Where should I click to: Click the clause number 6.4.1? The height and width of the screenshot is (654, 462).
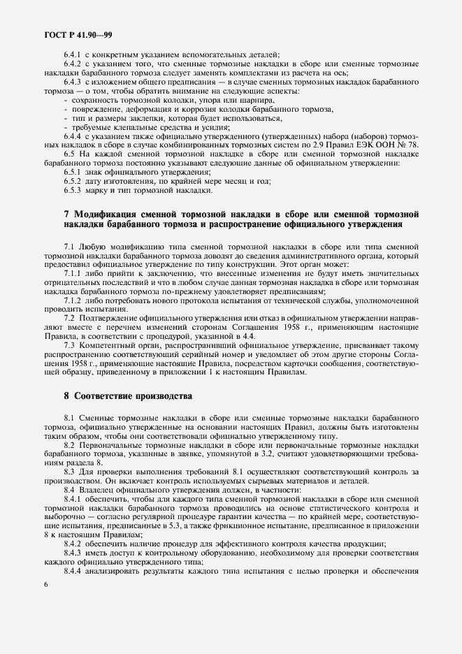pyautogui.click(x=74, y=55)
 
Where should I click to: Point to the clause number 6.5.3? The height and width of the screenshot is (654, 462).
pyautogui.click(x=74, y=189)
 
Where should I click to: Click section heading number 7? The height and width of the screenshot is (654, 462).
pyautogui.click(x=66, y=212)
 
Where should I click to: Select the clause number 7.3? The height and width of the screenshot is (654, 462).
pyautogui.click(x=70, y=344)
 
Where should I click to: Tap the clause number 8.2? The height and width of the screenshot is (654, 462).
pyautogui.click(x=70, y=445)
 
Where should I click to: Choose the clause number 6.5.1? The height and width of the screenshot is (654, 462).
pyautogui.click(x=74, y=172)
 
